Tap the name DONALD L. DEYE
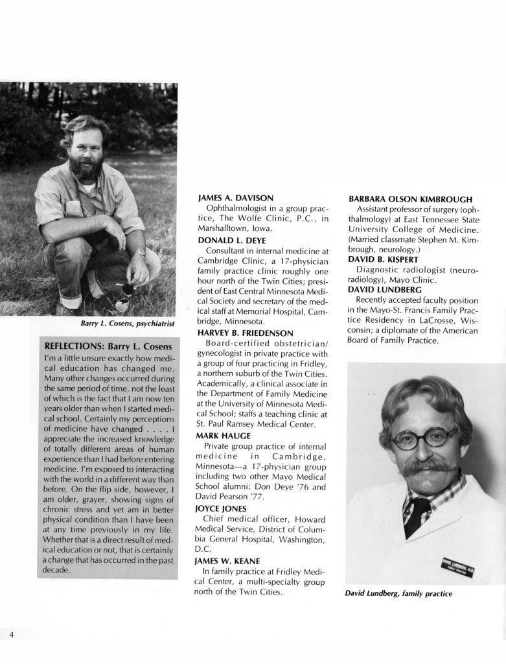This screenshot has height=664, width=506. point(227,239)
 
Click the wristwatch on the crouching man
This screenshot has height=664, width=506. point(139,252)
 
